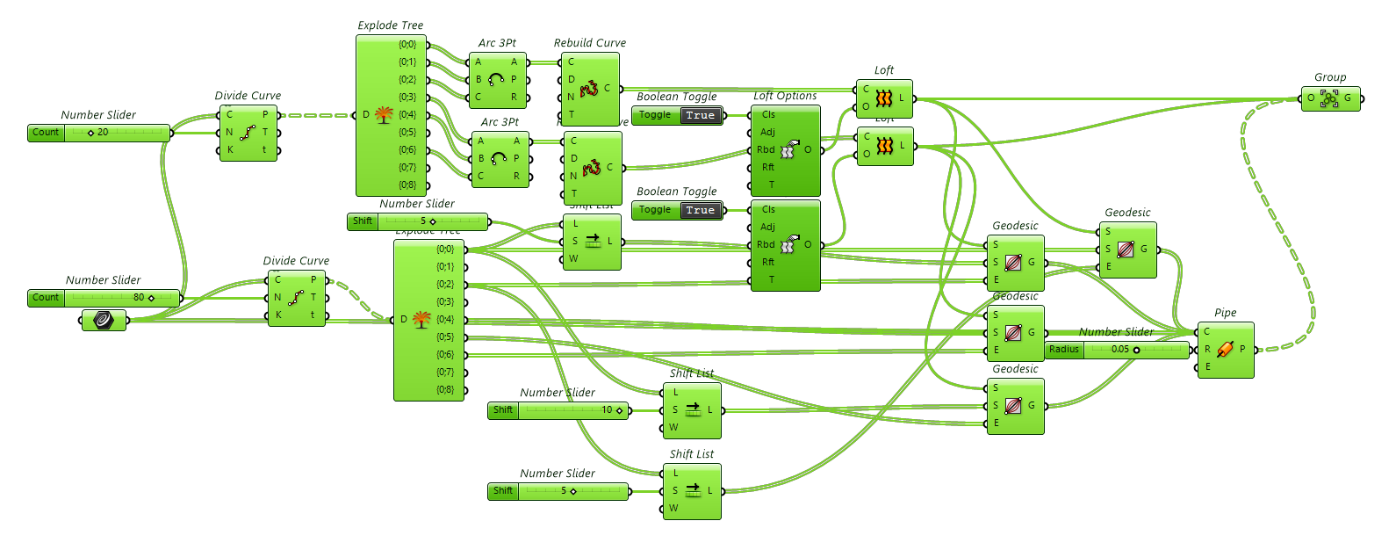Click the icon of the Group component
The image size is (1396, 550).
pos(1329,98)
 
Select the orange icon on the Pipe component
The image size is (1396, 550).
pos(1225,349)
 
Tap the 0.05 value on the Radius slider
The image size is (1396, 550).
pos(1120,349)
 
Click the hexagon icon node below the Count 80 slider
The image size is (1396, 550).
pos(104,320)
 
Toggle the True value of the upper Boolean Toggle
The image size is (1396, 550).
pos(701,115)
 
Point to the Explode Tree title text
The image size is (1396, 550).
pos(391,25)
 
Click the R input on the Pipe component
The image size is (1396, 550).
pos(1207,349)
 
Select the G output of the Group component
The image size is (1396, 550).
pos(1348,98)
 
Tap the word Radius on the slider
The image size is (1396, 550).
pos(1064,349)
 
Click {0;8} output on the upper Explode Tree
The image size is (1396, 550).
pos(408,185)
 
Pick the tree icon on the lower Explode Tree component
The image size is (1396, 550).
pos(421,319)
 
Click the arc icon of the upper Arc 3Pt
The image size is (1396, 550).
pos(496,79)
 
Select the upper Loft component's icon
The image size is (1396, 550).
pos(884,98)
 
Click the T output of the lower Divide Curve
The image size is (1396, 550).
pos(313,297)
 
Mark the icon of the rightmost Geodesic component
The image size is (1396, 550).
pos(1126,250)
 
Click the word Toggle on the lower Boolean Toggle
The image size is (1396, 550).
pos(655,210)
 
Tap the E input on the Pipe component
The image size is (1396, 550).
pos(1207,366)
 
